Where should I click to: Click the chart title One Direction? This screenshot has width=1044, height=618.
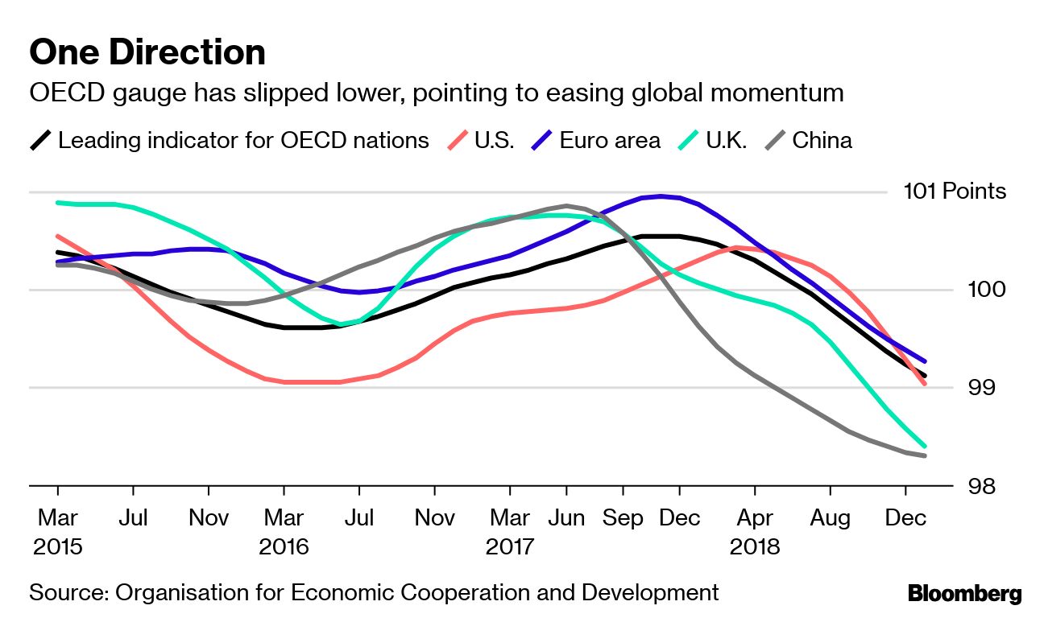tap(147, 52)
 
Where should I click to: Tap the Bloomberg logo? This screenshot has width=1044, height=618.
tap(964, 594)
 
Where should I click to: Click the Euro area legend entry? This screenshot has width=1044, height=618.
tap(609, 140)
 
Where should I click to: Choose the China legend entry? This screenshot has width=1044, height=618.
tap(821, 140)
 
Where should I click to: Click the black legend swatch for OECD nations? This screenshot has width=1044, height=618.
tap(41, 141)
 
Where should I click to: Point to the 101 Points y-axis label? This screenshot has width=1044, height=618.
tap(955, 192)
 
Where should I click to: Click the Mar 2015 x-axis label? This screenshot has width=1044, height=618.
tap(57, 531)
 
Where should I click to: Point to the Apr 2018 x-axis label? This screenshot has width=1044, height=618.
tap(755, 531)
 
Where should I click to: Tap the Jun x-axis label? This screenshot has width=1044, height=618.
tap(565, 517)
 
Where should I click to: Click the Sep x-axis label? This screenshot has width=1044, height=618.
tap(623, 517)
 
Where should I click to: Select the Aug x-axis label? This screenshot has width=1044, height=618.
tap(830, 517)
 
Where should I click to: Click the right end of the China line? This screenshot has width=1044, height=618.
tap(925, 456)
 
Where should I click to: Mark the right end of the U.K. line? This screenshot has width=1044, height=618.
tap(925, 446)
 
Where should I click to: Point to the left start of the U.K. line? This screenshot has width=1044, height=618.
tap(57, 203)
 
